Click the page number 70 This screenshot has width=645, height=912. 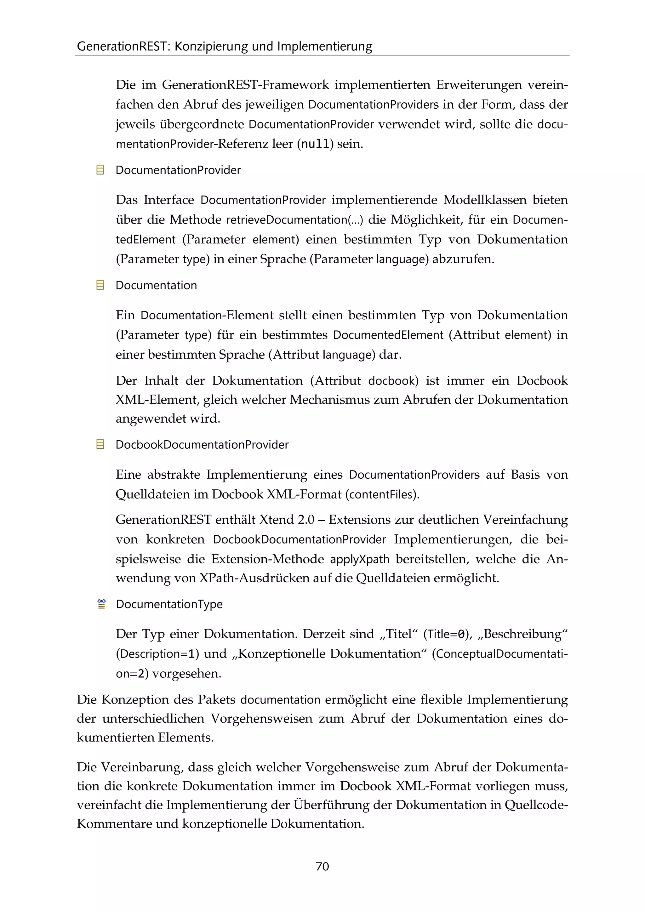322,866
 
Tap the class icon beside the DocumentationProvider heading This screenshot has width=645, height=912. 100,170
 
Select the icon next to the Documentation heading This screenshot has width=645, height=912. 100,285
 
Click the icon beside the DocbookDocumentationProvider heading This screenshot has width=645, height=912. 100,444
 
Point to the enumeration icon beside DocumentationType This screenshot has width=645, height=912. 101,604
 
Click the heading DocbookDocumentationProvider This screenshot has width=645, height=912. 202,444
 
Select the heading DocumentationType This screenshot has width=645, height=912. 169,604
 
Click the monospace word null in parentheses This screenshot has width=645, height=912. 315,144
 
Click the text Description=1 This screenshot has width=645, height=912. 157,654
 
